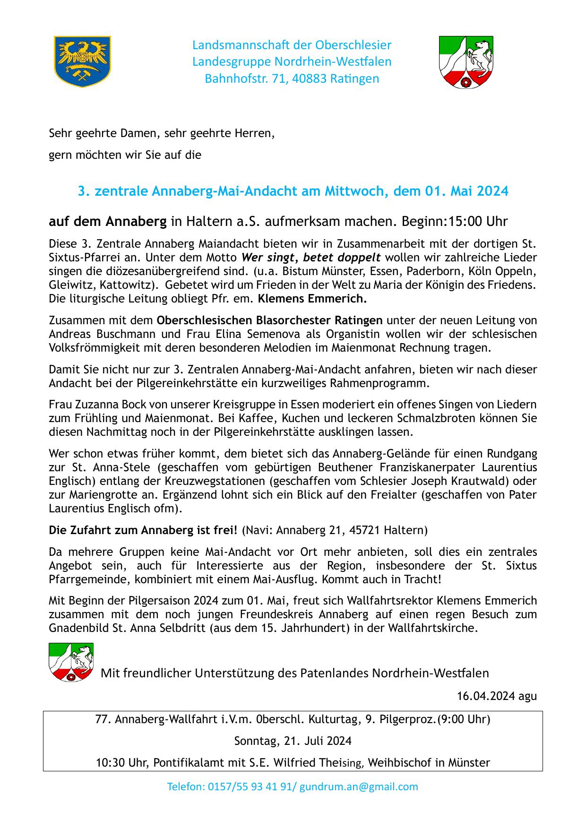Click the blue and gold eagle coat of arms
(x=83, y=61)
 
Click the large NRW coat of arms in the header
(x=466, y=62)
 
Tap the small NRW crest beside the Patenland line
(x=71, y=662)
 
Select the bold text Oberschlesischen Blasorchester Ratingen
(x=269, y=320)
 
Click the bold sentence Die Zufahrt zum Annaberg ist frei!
(x=143, y=530)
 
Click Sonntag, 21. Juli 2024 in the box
(x=293, y=741)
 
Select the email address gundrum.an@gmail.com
(x=359, y=786)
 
